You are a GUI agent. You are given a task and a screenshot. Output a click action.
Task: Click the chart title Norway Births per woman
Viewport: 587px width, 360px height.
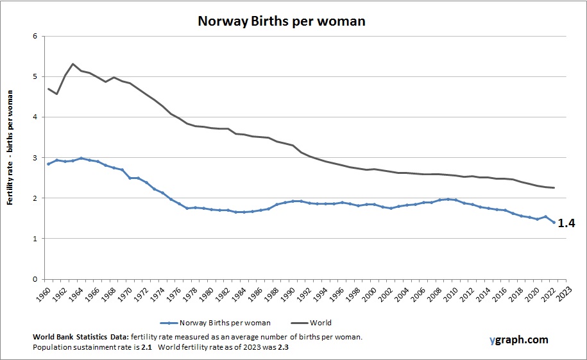pyautogui.click(x=281, y=21)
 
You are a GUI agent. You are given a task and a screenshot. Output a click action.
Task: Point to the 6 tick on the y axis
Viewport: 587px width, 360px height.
pyautogui.click(x=35, y=36)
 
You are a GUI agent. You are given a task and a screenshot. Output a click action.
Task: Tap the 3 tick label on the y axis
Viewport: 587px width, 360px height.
pyautogui.click(x=35, y=158)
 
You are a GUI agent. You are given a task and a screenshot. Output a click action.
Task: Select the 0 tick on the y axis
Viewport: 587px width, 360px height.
pyautogui.click(x=35, y=279)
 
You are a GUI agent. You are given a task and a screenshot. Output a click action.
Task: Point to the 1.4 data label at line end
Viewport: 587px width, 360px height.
pyautogui.click(x=566, y=223)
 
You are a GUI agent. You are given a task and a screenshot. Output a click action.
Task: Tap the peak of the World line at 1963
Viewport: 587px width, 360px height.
pyautogui.click(x=72, y=64)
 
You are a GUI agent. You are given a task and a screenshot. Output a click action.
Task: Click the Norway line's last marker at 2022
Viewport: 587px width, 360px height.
pyautogui.click(x=554, y=222)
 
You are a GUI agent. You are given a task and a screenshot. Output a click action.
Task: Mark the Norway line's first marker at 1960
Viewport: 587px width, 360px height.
pyautogui.click(x=48, y=164)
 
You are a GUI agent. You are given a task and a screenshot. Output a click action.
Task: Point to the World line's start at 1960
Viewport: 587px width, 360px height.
pyautogui.click(x=48, y=89)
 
